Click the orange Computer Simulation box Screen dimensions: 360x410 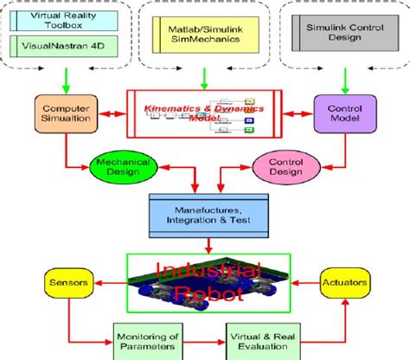point(63,116)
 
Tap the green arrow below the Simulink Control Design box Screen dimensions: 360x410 point(345,80)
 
